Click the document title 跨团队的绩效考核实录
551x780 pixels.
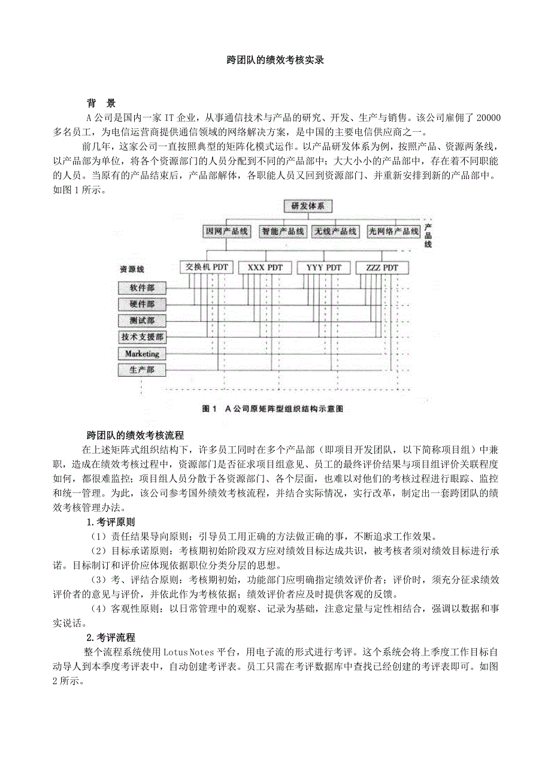(275, 60)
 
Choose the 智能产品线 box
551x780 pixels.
(282, 231)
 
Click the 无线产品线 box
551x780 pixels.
(335, 231)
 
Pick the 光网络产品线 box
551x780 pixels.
(393, 231)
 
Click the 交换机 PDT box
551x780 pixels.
(206, 267)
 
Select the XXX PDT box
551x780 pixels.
(265, 267)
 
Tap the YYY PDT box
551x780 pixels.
(323, 267)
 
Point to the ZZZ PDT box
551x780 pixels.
(382, 267)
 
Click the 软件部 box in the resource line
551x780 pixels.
(142, 288)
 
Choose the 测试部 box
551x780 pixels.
(142, 321)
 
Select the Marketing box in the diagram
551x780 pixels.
(142, 353)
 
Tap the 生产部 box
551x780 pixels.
(142, 370)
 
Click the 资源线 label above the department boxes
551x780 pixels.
(132, 270)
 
